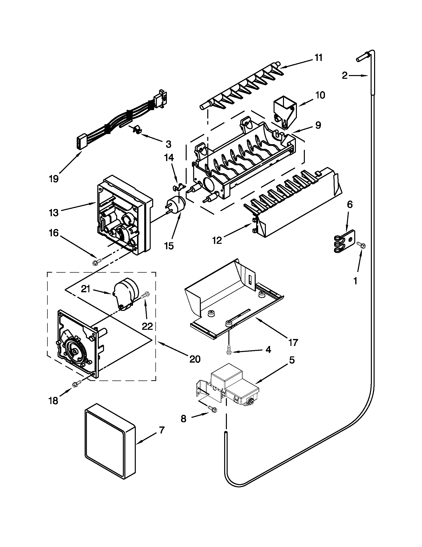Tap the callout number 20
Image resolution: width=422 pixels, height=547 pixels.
pyautogui.click(x=195, y=359)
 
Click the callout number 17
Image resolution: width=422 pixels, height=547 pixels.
pyautogui.click(x=293, y=342)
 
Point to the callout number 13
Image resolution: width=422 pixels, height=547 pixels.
pyautogui.click(x=54, y=213)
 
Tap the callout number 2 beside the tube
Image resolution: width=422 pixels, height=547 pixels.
pyautogui.click(x=345, y=75)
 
